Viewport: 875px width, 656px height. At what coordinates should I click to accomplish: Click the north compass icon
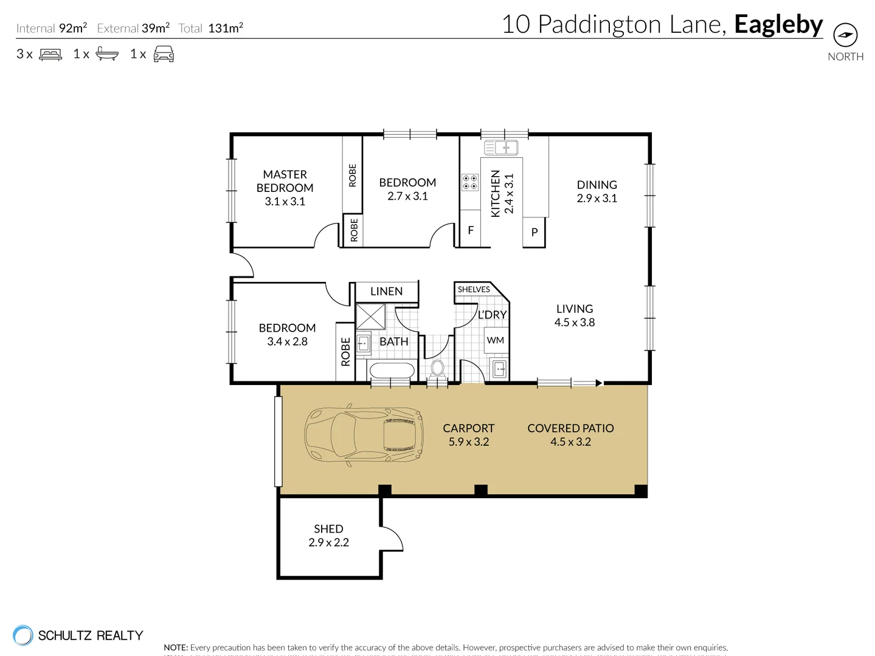point(845,35)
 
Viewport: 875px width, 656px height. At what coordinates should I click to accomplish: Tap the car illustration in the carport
point(364,434)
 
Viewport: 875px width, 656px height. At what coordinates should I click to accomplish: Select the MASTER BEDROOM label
point(285,181)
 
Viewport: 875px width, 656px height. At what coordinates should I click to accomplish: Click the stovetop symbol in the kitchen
point(470,182)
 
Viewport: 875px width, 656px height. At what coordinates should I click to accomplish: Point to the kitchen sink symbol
point(501,147)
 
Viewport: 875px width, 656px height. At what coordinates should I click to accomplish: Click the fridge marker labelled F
point(470,230)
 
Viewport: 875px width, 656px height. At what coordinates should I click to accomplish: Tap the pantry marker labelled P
point(534,232)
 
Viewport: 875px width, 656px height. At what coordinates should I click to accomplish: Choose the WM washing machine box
point(496,340)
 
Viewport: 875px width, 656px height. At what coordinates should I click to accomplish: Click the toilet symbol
point(437,368)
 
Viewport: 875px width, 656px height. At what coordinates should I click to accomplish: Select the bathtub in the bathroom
point(392,370)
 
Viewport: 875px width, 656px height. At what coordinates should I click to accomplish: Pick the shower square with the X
point(370,316)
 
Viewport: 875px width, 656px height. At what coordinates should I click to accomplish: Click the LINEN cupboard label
point(386,292)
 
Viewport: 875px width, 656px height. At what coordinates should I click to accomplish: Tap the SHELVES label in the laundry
point(474,289)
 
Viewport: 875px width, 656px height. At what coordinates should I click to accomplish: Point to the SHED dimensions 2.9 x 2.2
point(328,542)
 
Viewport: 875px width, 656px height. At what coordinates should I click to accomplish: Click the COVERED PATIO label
point(570,428)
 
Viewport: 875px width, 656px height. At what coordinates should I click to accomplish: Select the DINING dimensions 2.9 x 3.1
point(597,198)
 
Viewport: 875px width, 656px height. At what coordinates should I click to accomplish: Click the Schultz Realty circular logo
point(23,635)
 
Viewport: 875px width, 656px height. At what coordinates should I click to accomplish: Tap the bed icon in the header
point(50,55)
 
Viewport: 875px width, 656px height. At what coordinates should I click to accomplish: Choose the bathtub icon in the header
point(107,55)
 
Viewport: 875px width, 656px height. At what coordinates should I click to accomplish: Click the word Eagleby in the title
point(778,25)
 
